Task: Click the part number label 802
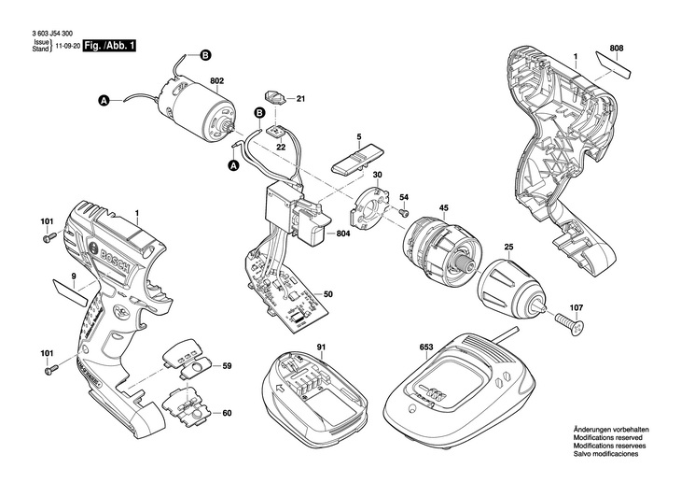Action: tap(216, 81)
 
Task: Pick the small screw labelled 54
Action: tap(404, 212)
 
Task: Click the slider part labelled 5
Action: tap(355, 159)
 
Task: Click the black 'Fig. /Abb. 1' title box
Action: tap(109, 46)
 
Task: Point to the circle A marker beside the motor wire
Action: tap(104, 102)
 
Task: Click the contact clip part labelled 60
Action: tap(187, 407)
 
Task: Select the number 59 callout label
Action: tap(227, 366)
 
